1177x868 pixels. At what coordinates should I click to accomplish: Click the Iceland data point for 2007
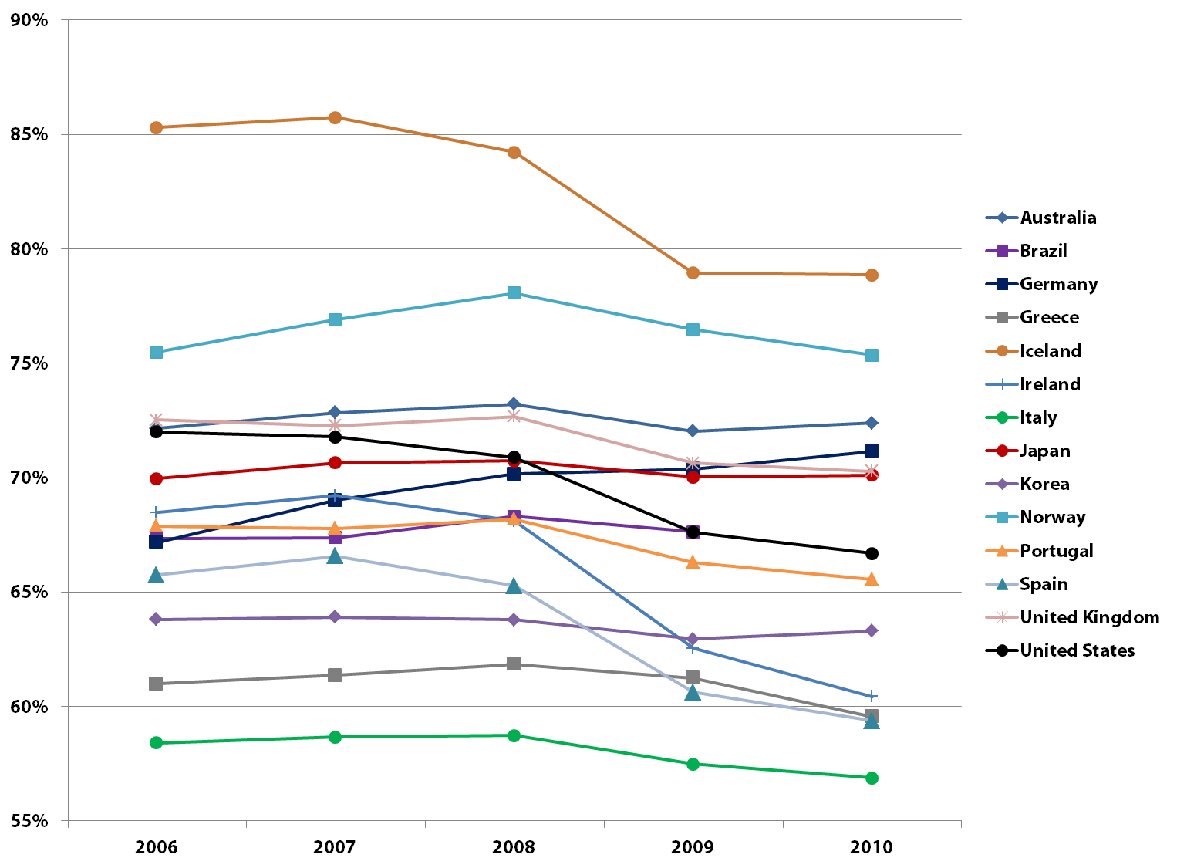335,117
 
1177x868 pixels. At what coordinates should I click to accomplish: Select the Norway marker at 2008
514,293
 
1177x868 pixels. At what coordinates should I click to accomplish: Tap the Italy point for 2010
872,778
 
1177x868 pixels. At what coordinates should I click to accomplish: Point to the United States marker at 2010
872,553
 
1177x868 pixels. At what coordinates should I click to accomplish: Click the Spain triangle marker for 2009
693,693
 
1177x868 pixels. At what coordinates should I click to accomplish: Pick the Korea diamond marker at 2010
872,630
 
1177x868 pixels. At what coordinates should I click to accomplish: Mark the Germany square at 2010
872,451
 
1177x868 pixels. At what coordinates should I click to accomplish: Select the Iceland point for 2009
693,273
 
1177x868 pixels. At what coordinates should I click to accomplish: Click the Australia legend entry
1057,218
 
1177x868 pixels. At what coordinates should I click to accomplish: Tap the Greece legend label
1049,317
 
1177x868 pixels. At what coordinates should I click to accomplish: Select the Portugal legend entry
1056,551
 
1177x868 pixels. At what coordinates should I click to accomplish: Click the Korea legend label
1044,484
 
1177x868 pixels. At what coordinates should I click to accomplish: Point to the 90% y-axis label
29,21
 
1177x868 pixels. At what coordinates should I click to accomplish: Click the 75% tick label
29,363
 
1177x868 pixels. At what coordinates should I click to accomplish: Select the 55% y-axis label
29,821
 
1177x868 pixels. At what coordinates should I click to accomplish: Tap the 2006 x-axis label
156,847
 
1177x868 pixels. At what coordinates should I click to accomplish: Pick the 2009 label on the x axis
693,847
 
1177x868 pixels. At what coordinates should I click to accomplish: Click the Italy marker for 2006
156,742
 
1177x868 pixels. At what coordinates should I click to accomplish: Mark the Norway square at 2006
156,352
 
